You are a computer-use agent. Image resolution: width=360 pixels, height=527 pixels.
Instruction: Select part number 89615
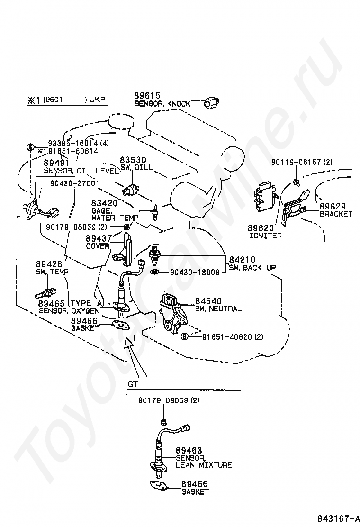coord(147,96)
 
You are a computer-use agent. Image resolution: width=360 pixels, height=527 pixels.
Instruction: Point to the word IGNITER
coord(265,236)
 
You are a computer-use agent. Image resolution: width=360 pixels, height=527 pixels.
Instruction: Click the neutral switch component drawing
coord(173,312)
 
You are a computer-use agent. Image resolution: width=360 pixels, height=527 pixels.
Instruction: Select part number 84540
coord(208,301)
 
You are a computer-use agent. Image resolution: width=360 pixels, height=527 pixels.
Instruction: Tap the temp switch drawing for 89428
coord(46,293)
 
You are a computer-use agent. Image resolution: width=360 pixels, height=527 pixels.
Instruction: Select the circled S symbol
coord(30,147)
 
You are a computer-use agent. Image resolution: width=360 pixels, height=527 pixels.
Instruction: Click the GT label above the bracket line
coord(133,384)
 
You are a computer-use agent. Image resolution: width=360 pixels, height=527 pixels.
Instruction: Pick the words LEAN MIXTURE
coord(204,465)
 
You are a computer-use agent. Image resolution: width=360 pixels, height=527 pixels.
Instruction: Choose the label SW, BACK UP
coord(252,268)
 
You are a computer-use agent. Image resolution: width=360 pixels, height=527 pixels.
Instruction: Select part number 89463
coord(189,450)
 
